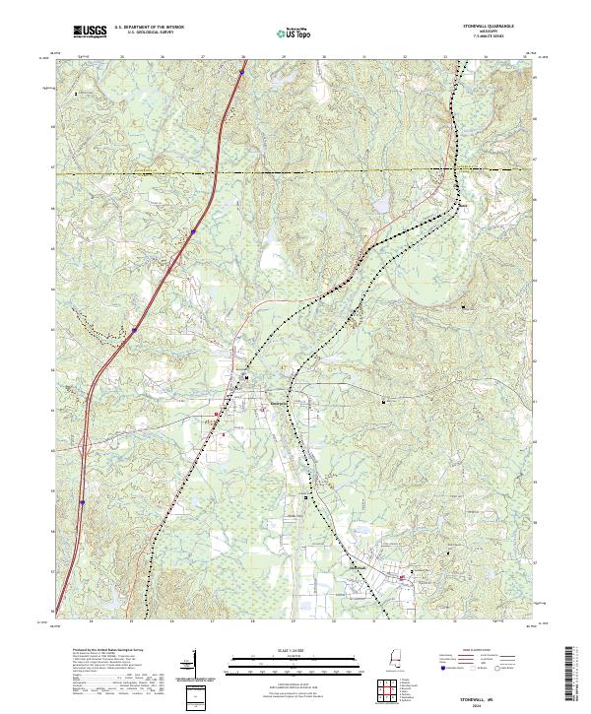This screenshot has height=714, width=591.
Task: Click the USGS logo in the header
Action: pos(90,32)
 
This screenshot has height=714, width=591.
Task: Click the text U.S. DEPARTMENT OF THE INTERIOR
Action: pos(149,28)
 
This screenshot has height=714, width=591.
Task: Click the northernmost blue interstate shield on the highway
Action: pos(241,72)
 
